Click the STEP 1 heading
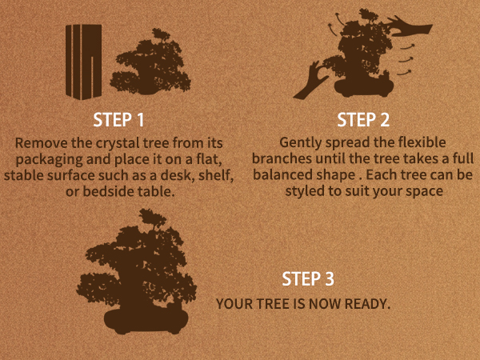[x=118, y=120]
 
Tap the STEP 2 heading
[x=363, y=120]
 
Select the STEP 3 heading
[x=308, y=279]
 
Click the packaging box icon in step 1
[x=83, y=62]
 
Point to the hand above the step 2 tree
[x=410, y=28]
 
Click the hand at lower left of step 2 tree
[x=310, y=81]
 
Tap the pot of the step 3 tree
[x=146, y=322]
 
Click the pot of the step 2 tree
[x=364, y=87]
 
